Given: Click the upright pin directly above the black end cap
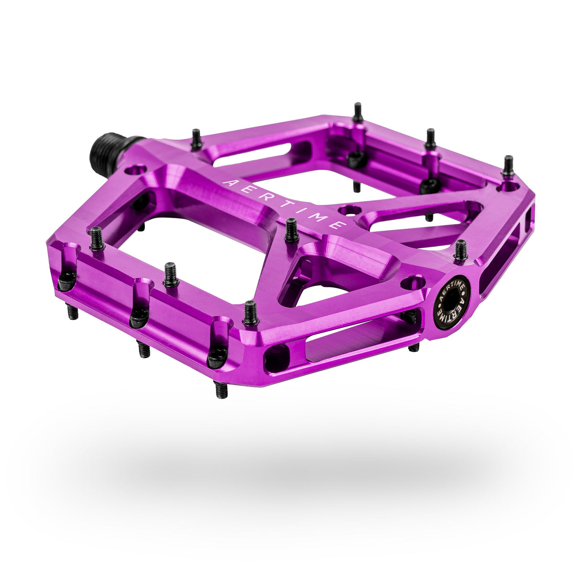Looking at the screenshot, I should pos(460,250).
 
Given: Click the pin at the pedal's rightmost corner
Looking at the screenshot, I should pos(507,166).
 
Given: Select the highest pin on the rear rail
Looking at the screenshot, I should pos(358,112).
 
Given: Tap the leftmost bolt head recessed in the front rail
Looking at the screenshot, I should pos(66,282).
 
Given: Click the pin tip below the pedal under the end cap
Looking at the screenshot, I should pos(414,346).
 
